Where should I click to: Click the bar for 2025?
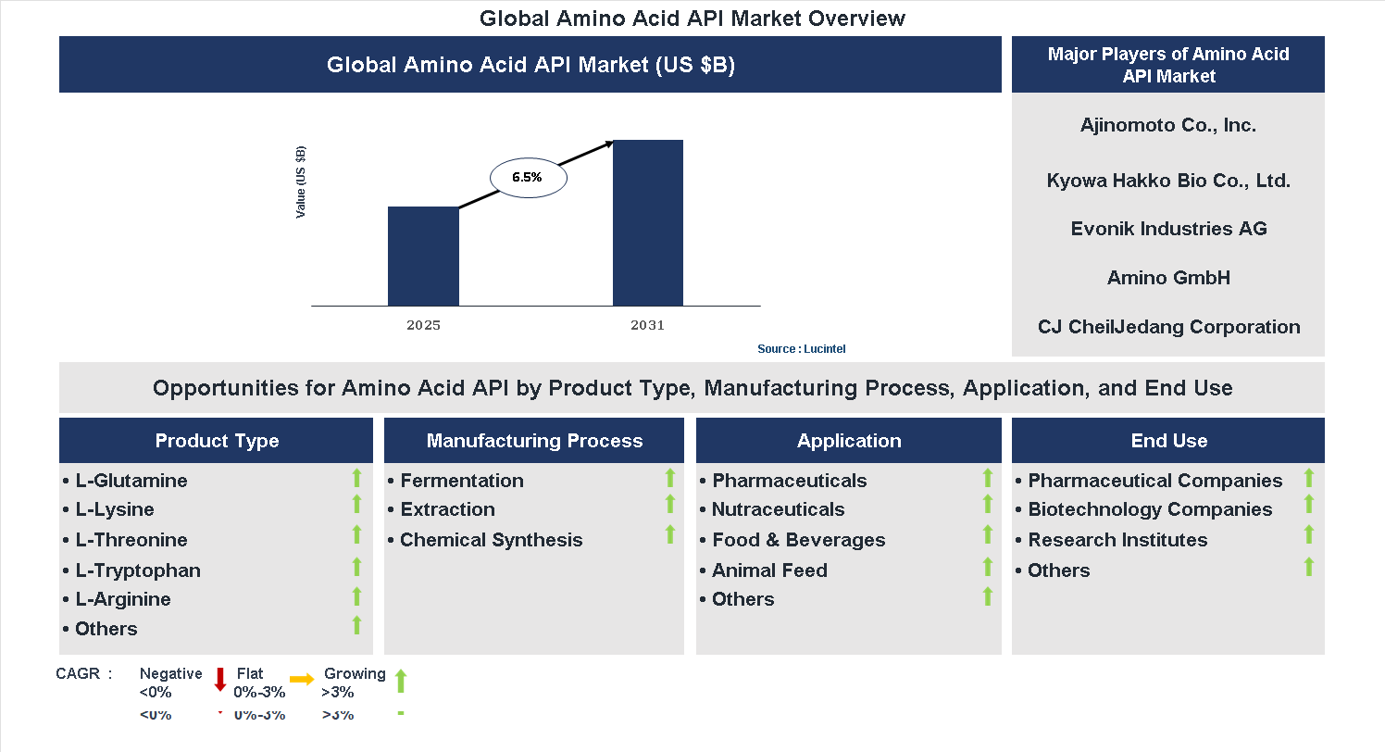pos(423,256)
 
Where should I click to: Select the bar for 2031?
pos(648,222)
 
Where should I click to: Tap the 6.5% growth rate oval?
pos(527,177)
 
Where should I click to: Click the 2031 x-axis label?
pos(647,326)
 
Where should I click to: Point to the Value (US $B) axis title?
pos(301,182)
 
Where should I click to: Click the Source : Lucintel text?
pos(801,349)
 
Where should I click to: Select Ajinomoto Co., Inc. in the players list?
pos(1167,125)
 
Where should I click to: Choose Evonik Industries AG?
pos(1168,229)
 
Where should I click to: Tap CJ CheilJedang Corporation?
pos(1168,327)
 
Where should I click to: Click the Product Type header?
pos(217,441)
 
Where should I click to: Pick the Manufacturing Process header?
pos(534,441)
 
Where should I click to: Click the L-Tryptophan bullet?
pos(137,570)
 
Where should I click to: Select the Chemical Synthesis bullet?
pos(491,540)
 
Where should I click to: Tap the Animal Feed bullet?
pos(768,570)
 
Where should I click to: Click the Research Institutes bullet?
pos(1117,540)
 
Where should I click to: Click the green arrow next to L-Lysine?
pos(356,504)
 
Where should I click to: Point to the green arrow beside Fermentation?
pos(670,478)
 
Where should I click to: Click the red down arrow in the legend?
pos(220,679)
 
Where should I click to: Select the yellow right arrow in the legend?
pos(302,679)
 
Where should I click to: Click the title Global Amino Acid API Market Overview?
pos(692,19)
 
